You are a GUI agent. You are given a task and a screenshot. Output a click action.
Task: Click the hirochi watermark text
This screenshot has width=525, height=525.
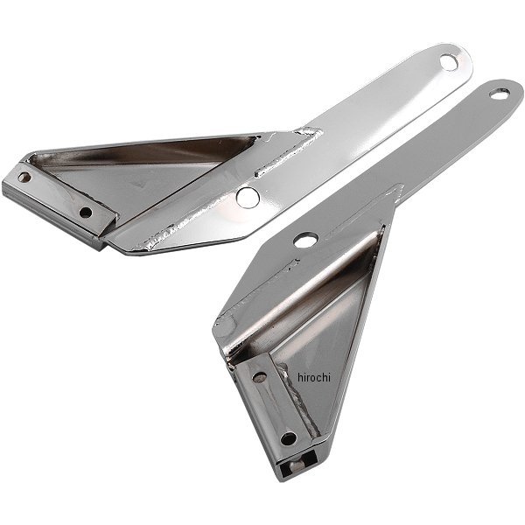point(314,377)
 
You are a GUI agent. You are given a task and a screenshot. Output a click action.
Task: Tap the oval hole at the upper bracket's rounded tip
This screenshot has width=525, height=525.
point(449,63)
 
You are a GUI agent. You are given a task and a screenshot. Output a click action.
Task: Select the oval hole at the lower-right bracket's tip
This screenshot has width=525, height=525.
point(500,94)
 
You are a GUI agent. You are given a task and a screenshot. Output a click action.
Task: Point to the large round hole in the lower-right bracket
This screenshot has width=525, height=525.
point(305,240)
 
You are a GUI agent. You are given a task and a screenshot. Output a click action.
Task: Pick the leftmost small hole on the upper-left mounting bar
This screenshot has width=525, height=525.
point(24,177)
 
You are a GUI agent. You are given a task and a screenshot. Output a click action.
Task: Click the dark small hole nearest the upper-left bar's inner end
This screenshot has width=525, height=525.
point(86,213)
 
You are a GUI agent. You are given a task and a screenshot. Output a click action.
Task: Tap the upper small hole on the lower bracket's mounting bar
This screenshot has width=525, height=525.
point(260,378)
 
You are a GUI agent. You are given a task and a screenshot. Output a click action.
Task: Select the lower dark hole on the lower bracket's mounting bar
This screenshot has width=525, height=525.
point(288,438)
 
